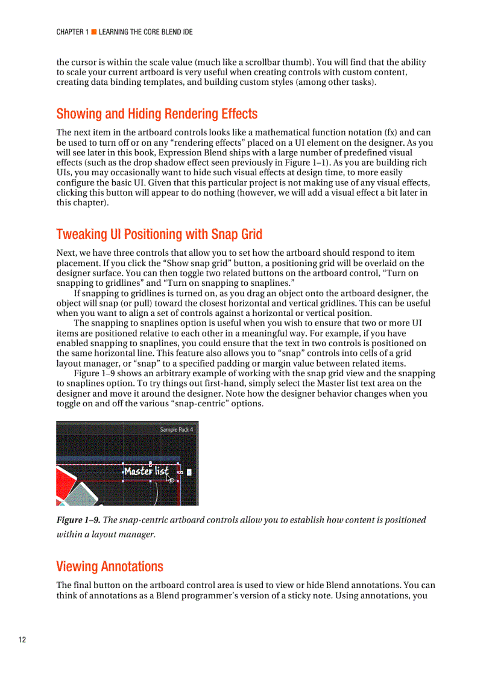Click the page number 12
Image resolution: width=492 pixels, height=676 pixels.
pyautogui.click(x=22, y=639)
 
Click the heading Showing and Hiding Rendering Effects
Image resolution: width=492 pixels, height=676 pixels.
pyautogui.click(x=157, y=114)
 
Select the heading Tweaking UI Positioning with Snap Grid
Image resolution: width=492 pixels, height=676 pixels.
pyautogui.click(x=159, y=234)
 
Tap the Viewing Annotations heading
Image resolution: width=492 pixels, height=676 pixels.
pyautogui.click(x=110, y=566)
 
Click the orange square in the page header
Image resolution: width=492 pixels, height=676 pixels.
pyautogui.click(x=94, y=32)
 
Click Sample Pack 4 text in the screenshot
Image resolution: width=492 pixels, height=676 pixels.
pyautogui.click(x=177, y=429)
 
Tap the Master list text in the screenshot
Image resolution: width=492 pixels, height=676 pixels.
pyautogui.click(x=146, y=471)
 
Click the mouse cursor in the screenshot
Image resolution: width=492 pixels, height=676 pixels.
pyautogui.click(x=171, y=479)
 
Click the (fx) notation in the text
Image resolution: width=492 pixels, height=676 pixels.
pyautogui.click(x=391, y=132)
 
